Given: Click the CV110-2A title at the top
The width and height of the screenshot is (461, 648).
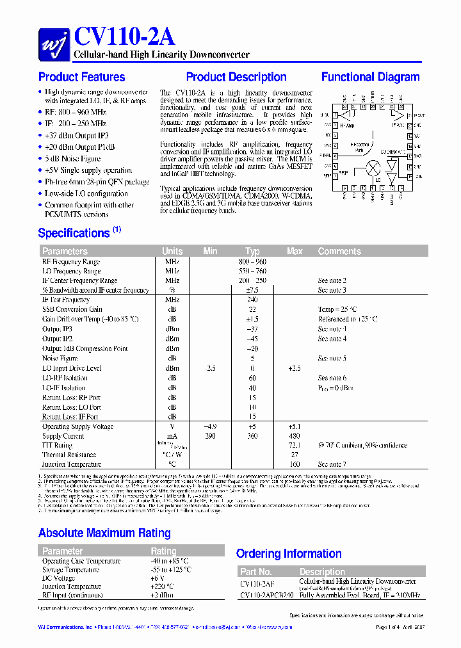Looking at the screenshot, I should click(124, 37).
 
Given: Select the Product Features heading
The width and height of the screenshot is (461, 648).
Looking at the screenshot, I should click(82, 77).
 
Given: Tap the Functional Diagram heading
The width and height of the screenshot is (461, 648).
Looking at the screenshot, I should click(371, 77).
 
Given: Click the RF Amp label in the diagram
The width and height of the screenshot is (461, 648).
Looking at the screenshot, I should click(346, 126).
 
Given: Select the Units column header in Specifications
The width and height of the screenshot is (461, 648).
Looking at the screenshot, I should click(172, 251).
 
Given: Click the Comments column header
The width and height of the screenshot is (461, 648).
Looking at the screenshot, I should click(339, 251).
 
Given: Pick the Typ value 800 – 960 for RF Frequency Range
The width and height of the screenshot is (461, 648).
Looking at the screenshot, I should click(252, 261).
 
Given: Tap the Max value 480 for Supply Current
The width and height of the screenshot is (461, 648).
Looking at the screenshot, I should click(294, 436).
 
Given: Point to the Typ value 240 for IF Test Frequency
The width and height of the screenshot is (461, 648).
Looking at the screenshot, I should click(252, 300).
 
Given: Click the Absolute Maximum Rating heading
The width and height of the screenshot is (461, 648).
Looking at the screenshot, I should click(104, 533).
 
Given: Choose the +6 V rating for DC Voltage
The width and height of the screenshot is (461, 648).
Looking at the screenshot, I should click(158, 578).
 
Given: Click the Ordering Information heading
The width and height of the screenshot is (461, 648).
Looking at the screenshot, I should click(289, 553).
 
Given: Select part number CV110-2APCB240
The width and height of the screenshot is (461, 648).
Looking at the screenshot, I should click(267, 595).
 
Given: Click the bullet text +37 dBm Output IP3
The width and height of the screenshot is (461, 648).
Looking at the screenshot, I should click(77, 136).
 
